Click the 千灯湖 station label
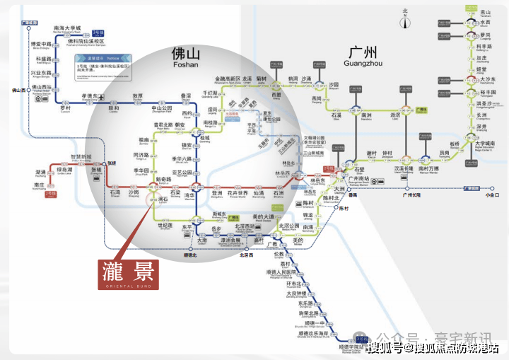coord(211,93)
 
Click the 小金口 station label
coord(491,194)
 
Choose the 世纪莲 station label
coord(164,225)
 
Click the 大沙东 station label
coord(487,79)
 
